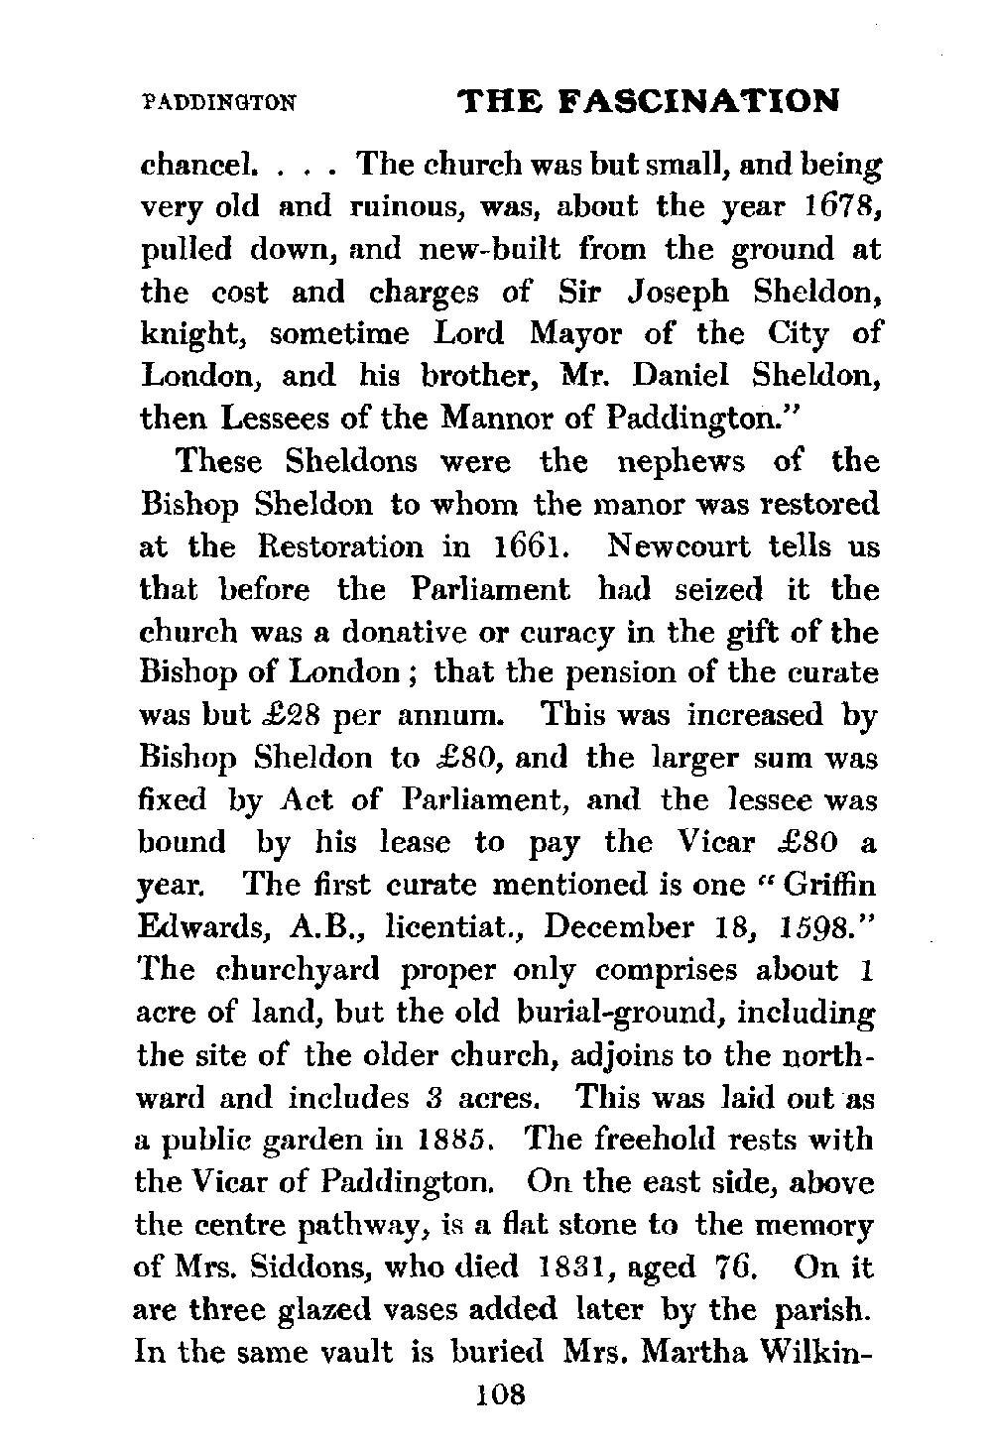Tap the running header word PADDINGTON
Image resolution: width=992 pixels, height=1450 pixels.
pyautogui.click(x=219, y=101)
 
